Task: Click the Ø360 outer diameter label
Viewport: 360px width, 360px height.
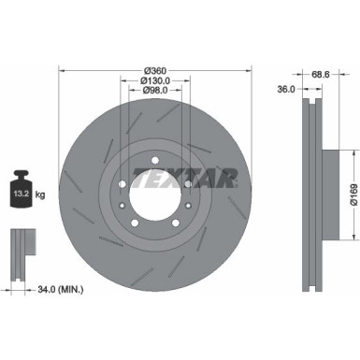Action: tap(154, 70)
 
